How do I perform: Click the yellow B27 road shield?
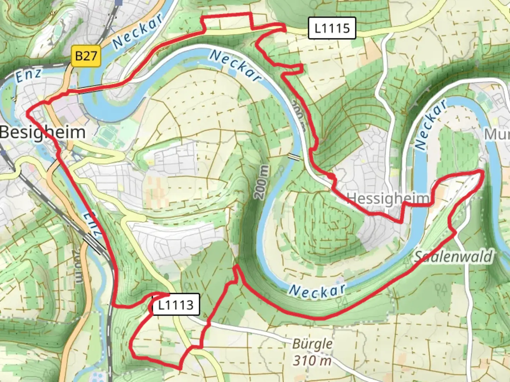[x=86, y=56]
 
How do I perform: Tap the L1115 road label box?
[x=331, y=28]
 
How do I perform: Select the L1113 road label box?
[x=176, y=305]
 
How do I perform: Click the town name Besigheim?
[x=42, y=133]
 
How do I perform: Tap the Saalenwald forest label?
[x=454, y=256]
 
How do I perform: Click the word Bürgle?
[x=312, y=344]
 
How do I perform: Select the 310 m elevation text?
[x=312, y=360]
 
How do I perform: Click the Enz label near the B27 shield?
[x=28, y=75]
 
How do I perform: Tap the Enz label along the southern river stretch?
[x=93, y=224]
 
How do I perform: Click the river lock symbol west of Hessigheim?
[x=294, y=157]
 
